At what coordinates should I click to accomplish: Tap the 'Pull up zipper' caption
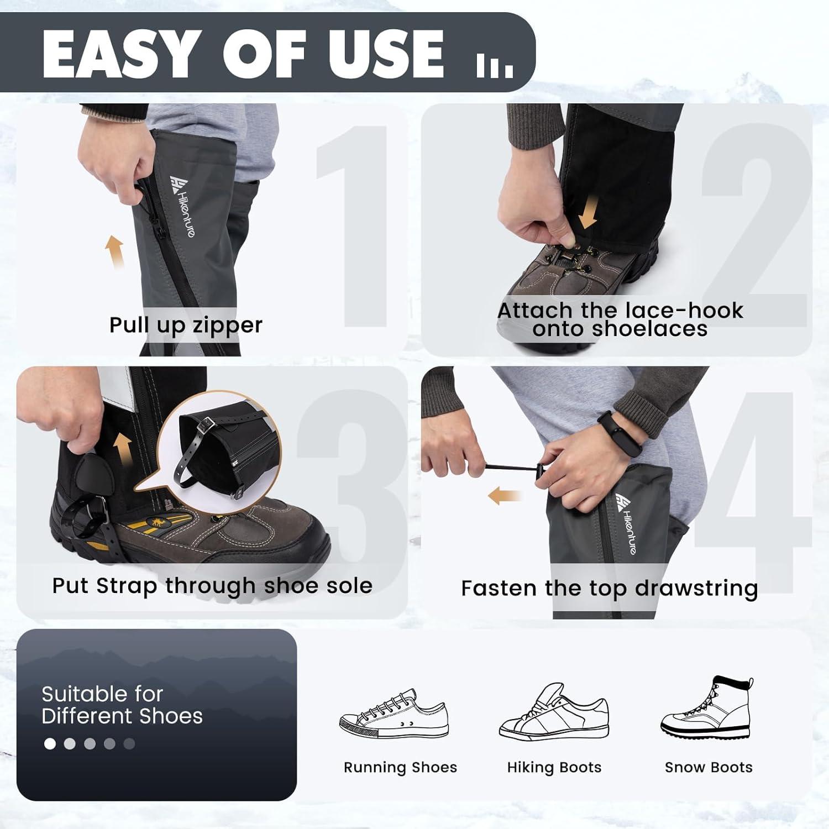point(186,325)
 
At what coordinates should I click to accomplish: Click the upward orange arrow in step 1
point(115,251)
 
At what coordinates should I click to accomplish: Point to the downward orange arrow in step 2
point(588,214)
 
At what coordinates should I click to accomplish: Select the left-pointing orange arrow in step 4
point(504,496)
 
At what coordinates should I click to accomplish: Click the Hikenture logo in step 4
point(627,523)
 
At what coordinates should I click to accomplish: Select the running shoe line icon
point(393,714)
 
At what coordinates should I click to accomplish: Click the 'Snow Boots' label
point(709,767)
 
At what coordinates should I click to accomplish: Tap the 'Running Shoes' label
point(400,767)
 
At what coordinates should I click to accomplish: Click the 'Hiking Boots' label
point(554,767)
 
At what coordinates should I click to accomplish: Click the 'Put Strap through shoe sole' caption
point(212,586)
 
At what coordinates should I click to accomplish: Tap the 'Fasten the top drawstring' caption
point(609,588)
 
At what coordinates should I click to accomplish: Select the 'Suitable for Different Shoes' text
point(122,705)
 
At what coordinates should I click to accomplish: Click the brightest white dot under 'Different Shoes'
point(50,744)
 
